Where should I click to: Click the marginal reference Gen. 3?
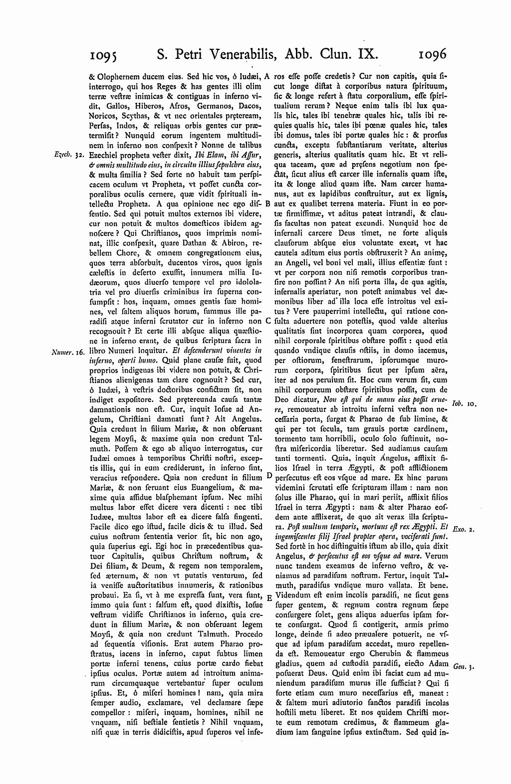point(464,665)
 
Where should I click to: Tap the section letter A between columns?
point(267,78)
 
